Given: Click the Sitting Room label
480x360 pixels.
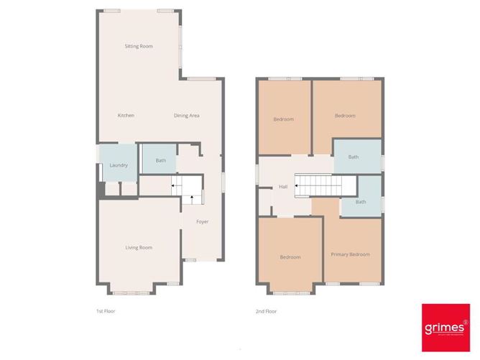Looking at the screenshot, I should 138,46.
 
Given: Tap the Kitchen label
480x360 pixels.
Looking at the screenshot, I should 126,116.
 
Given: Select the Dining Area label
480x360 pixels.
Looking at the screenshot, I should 186,116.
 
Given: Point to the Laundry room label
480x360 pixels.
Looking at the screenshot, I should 119,165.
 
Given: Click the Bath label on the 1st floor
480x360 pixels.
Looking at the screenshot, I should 160,160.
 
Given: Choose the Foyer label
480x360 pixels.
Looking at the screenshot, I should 203,221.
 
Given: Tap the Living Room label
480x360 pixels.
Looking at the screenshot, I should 139,248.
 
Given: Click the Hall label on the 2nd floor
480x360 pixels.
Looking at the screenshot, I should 283,188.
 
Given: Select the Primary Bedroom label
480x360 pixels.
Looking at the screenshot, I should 350,254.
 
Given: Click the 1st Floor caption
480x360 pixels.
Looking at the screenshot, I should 106,311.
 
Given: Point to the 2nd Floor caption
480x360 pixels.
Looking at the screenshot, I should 266,311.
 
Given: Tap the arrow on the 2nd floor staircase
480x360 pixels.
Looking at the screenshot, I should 297,185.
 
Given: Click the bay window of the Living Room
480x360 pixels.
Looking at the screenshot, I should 131,292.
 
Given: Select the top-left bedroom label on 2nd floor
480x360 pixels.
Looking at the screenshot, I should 283,119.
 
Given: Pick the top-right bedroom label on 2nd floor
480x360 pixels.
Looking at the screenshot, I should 345,116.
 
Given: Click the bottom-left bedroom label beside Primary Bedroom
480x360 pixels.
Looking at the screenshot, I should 290,257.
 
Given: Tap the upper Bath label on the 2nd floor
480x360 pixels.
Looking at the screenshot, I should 353,157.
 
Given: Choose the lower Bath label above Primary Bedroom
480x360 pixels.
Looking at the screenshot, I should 360,202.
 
